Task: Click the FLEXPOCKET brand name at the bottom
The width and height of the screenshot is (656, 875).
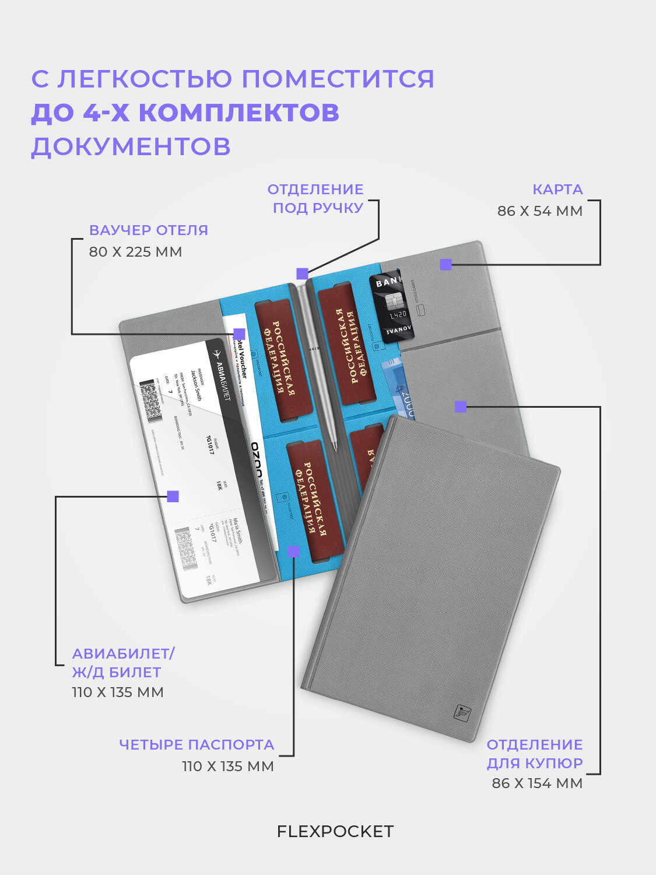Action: click(335, 831)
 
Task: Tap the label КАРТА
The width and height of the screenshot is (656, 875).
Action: click(557, 190)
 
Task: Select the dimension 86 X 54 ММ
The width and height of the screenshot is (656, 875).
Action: click(539, 211)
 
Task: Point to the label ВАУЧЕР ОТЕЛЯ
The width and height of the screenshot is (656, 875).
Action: click(148, 230)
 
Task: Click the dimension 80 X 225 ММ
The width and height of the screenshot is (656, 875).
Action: click(135, 252)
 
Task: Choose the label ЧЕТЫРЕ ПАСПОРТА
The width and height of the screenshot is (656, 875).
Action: click(197, 745)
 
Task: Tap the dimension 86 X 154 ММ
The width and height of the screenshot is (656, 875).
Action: click(536, 783)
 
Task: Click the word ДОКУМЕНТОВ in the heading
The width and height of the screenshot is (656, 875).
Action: click(131, 146)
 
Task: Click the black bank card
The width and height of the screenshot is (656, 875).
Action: click(391, 307)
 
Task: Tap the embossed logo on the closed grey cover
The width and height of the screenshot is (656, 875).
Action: click(462, 712)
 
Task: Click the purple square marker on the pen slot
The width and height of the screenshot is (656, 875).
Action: click(302, 274)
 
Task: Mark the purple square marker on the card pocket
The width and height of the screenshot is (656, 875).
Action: click(446, 264)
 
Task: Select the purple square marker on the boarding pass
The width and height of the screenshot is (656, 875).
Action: click(173, 496)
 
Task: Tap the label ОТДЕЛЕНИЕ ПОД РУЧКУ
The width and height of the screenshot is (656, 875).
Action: click(315, 198)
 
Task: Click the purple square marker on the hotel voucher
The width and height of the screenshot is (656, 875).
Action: click(239, 334)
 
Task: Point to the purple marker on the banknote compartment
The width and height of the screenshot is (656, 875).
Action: click(461, 407)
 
